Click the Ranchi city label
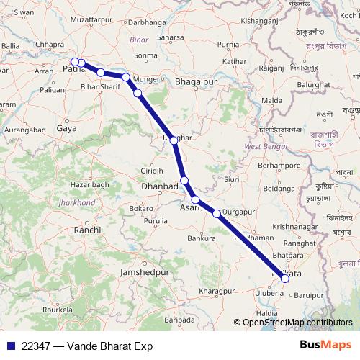pos(87,230)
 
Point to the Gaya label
pos(66,128)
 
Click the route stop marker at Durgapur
pos(217,213)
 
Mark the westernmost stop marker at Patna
pos(74,62)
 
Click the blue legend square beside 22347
pos(12,346)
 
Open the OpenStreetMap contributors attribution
pos(297,323)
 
